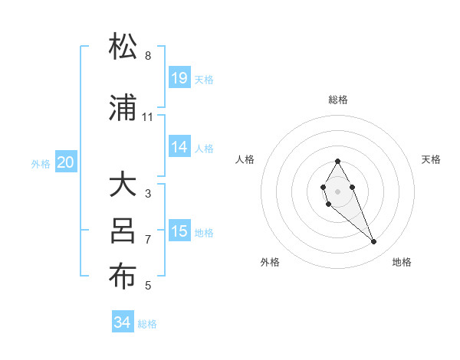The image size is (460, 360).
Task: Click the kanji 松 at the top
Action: click(x=123, y=47)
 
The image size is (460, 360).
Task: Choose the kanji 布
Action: click(x=123, y=277)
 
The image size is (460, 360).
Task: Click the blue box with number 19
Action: click(x=179, y=78)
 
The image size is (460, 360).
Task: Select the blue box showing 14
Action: click(x=179, y=147)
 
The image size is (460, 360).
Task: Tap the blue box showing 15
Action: click(x=179, y=231)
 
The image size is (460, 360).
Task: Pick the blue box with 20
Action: click(x=66, y=162)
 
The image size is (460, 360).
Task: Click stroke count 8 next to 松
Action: click(x=147, y=56)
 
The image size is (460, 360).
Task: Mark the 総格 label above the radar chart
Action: click(x=337, y=100)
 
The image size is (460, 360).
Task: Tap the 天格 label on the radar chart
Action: click(x=432, y=159)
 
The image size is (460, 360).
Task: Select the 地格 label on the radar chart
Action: click(x=402, y=262)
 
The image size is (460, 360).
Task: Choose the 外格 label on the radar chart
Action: click(x=270, y=262)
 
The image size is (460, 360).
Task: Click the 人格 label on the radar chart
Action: click(x=245, y=159)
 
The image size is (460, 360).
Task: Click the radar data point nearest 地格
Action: click(x=374, y=242)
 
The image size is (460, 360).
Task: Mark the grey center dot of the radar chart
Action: click(x=337, y=191)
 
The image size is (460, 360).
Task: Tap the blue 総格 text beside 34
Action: click(x=147, y=323)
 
